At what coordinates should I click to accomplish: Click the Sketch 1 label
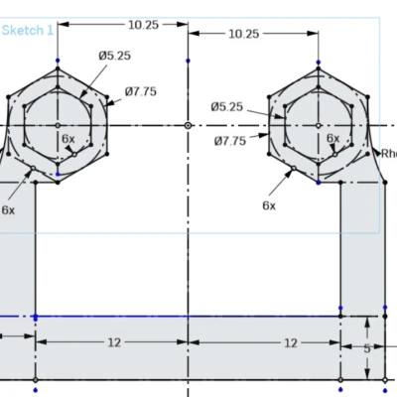point(27,31)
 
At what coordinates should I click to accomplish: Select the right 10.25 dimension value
point(243,33)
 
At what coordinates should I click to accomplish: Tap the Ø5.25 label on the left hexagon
point(114,56)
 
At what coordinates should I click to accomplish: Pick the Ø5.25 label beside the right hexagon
point(226,106)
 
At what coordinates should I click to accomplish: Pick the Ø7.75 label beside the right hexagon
point(230,141)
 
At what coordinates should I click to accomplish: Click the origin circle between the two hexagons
point(189,126)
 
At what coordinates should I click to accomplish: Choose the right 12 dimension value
point(290,342)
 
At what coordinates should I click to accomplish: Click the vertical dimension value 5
point(366,348)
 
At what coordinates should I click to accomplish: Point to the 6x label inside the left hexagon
point(67,139)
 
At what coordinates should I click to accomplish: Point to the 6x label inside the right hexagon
point(332,138)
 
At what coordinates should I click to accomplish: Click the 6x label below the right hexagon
point(269,204)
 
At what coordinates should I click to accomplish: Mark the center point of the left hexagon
point(59,126)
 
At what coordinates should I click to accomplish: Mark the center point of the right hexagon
point(318,126)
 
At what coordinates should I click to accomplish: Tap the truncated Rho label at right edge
point(388,153)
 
